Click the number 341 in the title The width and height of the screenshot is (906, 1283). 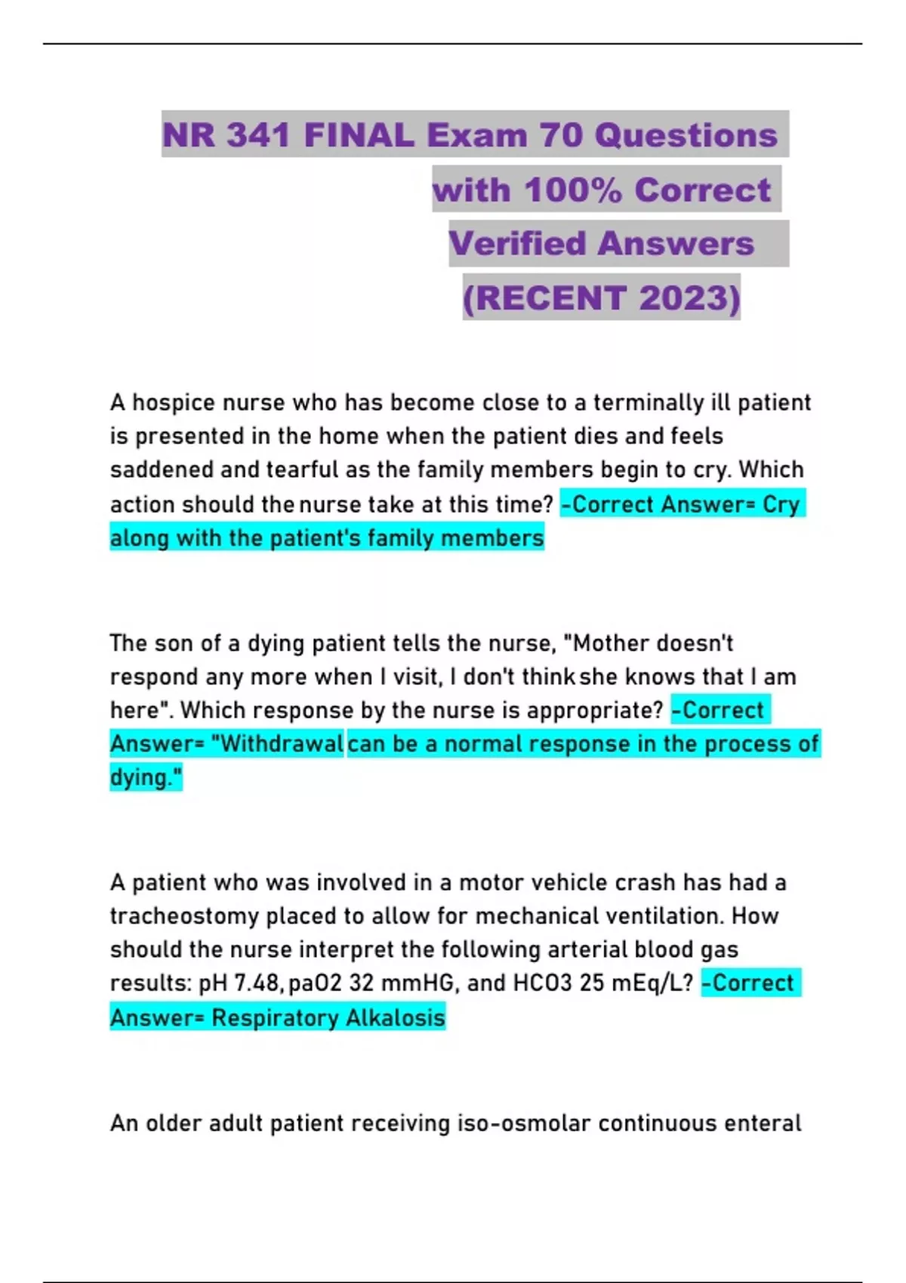click(258, 135)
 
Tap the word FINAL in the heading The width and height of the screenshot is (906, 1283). click(359, 135)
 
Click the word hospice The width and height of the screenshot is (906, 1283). click(174, 402)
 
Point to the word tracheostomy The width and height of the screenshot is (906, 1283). click(184, 916)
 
